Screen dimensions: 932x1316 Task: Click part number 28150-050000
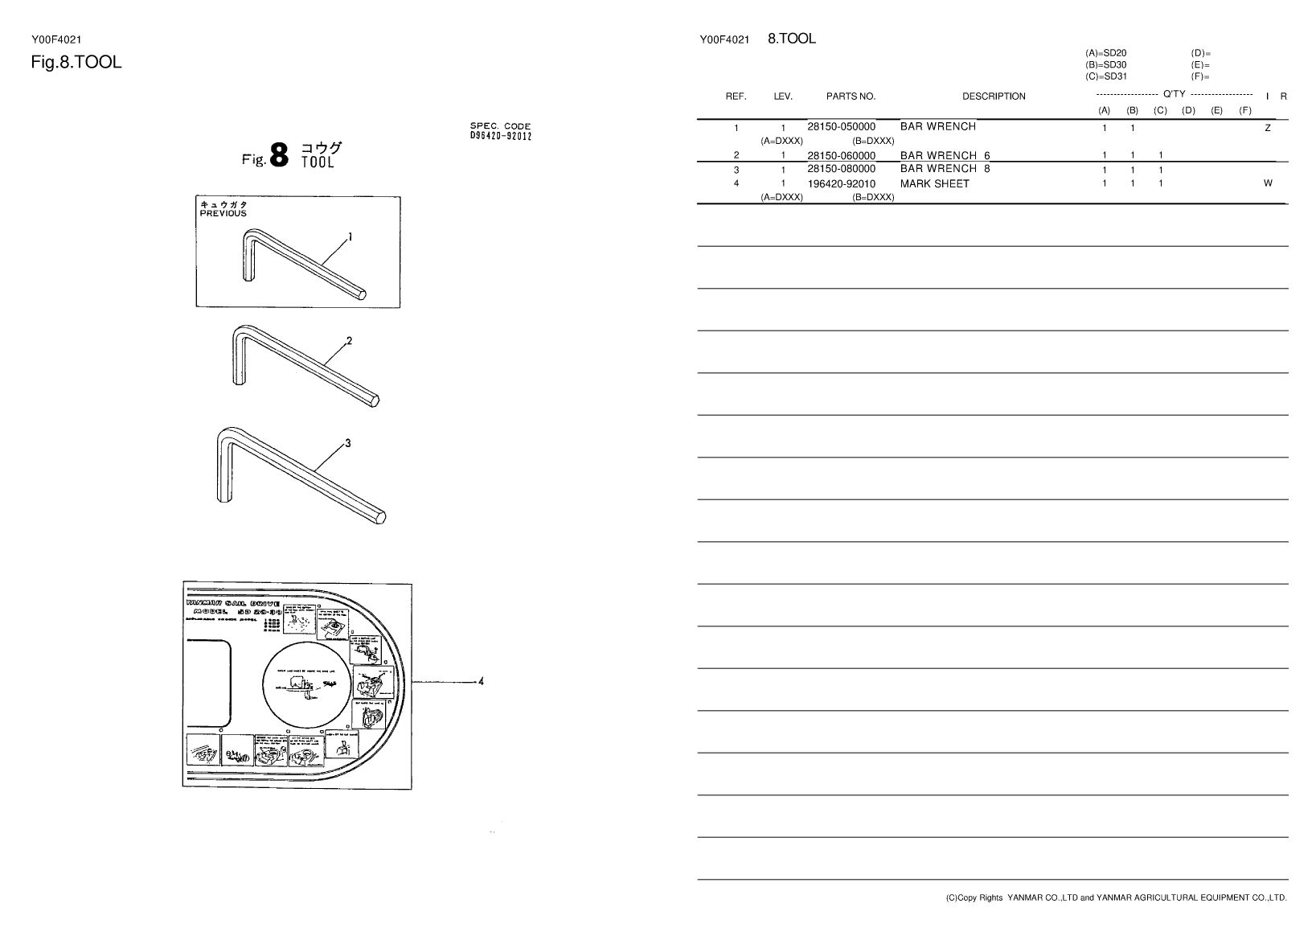[841, 127]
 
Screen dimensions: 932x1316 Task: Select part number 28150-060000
[841, 156]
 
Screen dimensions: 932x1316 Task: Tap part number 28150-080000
[841, 170]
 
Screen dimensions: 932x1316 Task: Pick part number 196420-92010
[841, 184]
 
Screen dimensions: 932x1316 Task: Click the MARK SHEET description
[934, 184]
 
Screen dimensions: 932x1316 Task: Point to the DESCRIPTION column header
[994, 96]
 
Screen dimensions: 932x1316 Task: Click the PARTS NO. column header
[851, 96]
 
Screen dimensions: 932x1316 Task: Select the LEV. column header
[783, 96]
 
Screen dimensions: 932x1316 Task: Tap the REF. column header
[736, 96]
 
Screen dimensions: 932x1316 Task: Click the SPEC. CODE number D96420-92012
[500, 135]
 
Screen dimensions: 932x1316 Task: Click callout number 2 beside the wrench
[349, 341]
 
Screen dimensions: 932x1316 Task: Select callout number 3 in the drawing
[347, 443]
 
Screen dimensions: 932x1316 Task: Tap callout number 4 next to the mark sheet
[481, 682]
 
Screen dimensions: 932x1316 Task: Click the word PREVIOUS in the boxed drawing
[223, 214]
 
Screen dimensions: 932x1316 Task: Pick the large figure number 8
[279, 155]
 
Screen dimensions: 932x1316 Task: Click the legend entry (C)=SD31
[1105, 77]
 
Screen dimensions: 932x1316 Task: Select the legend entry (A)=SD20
[1105, 53]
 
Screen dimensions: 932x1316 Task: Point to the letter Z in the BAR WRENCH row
[1268, 129]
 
